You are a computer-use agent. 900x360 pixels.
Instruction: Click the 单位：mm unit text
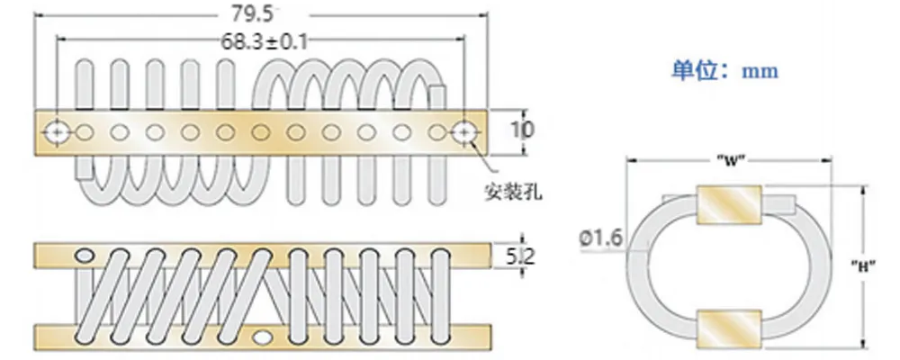tap(724, 70)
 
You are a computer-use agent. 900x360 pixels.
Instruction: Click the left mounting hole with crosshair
tap(58, 132)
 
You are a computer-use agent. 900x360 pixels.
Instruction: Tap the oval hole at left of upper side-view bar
tap(85, 256)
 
